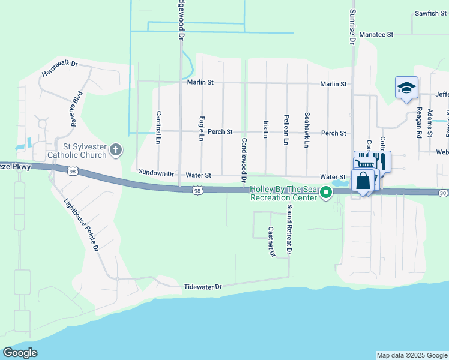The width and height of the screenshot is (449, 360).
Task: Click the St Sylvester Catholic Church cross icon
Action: click(x=116, y=149)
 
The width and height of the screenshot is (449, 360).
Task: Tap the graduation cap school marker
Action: click(x=406, y=88)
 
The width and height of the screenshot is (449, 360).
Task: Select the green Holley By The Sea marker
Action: click(x=326, y=193)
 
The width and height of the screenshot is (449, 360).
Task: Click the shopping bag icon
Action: click(x=363, y=181)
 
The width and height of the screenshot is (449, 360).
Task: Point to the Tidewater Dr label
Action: click(x=203, y=287)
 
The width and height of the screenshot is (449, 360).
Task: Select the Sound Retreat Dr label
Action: click(x=289, y=230)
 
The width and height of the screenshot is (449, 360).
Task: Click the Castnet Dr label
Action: click(x=271, y=242)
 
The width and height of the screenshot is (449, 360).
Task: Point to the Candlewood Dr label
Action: click(x=244, y=160)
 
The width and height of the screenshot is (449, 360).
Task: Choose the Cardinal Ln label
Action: click(x=158, y=127)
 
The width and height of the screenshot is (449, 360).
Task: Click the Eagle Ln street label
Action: click(x=201, y=128)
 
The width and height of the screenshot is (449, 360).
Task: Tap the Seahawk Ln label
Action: click(x=307, y=130)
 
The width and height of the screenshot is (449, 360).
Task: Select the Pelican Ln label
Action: click(x=286, y=130)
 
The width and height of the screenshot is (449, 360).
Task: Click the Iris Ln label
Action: click(x=265, y=129)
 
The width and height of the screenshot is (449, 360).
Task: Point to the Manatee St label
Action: click(x=376, y=35)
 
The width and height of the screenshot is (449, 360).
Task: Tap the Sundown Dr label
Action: click(x=156, y=173)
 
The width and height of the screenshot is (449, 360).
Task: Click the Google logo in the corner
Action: click(x=20, y=353)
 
